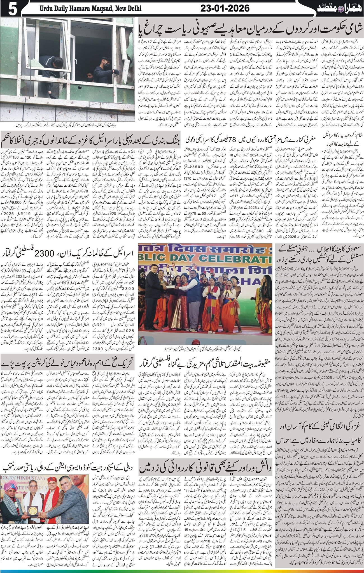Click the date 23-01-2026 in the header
point(225,8)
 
